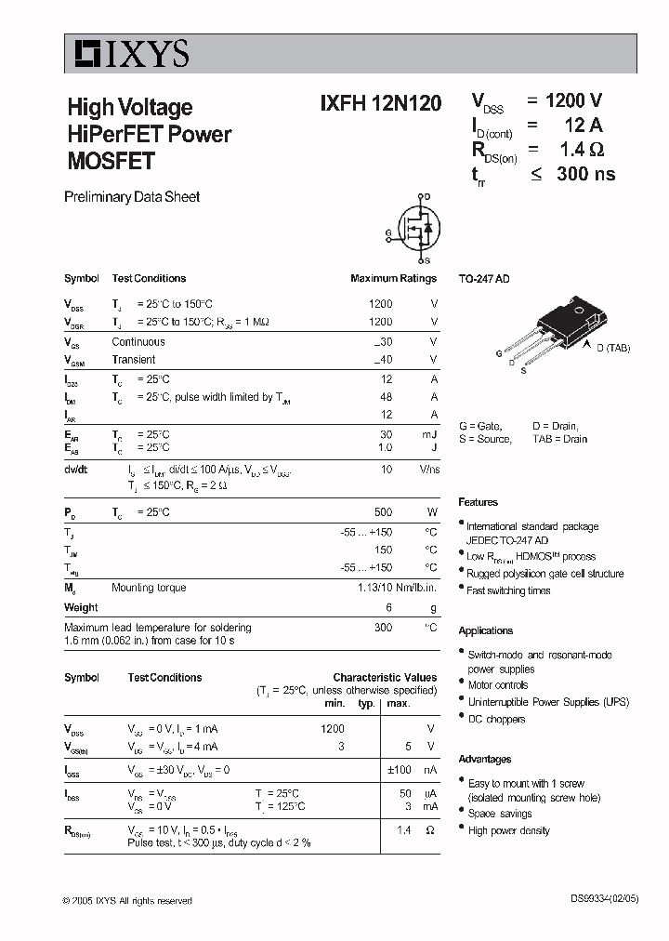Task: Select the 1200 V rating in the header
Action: point(573,101)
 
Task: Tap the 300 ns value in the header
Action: point(585,174)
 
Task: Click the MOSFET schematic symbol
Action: point(415,229)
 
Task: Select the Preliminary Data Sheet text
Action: point(131,197)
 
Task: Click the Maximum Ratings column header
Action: point(393,278)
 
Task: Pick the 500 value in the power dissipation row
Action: point(381,512)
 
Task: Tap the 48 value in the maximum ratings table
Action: point(386,397)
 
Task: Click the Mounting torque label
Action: point(149,588)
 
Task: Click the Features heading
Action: point(478,502)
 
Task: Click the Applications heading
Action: point(485,630)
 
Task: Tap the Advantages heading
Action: point(485,759)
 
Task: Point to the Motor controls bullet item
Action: point(498,685)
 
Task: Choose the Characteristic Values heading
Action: point(385,678)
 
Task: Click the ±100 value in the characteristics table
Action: point(400,771)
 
